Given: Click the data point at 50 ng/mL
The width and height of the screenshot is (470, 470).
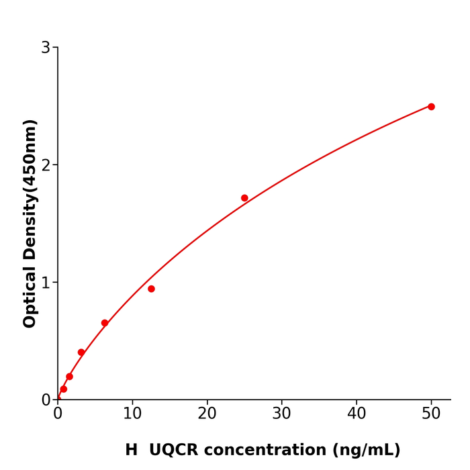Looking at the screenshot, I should click(x=431, y=107).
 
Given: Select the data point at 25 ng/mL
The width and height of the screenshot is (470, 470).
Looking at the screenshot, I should click(x=244, y=198).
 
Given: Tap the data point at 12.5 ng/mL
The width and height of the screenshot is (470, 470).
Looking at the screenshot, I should click(x=151, y=289).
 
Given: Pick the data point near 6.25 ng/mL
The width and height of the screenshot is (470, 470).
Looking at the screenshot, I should click(x=105, y=323).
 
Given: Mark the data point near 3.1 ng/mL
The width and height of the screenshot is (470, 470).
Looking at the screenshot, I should click(x=81, y=352).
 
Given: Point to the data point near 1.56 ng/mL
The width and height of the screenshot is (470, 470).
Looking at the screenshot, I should click(x=69, y=377).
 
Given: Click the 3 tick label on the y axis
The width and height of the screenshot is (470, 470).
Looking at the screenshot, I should click(x=46, y=48).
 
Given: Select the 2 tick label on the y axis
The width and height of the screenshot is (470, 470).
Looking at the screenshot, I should click(x=46, y=165).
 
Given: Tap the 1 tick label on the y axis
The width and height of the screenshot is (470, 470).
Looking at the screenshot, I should click(x=46, y=283).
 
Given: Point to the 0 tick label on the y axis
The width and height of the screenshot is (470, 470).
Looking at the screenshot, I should click(x=46, y=400).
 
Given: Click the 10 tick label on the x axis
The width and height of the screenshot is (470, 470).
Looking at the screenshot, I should click(x=132, y=414).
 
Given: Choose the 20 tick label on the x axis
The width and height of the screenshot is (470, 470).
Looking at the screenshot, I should click(x=207, y=414).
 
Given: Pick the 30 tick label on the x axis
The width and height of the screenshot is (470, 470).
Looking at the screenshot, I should click(x=282, y=414).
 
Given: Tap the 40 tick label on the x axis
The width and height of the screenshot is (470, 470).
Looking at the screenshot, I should click(x=357, y=414).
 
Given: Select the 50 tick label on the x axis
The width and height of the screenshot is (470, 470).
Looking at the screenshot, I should click(x=431, y=414).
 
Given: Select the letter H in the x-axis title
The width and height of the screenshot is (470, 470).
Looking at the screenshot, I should click(x=131, y=451).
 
